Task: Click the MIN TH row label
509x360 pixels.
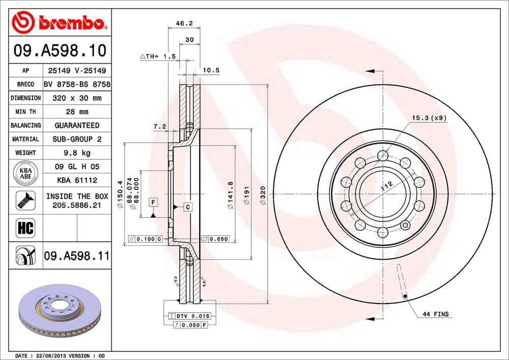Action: point(25,112)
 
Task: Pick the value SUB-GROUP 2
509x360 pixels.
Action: point(76,139)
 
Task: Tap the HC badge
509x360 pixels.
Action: point(25,228)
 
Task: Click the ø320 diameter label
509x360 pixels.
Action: point(263,194)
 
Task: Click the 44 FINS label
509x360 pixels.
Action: point(436,314)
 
